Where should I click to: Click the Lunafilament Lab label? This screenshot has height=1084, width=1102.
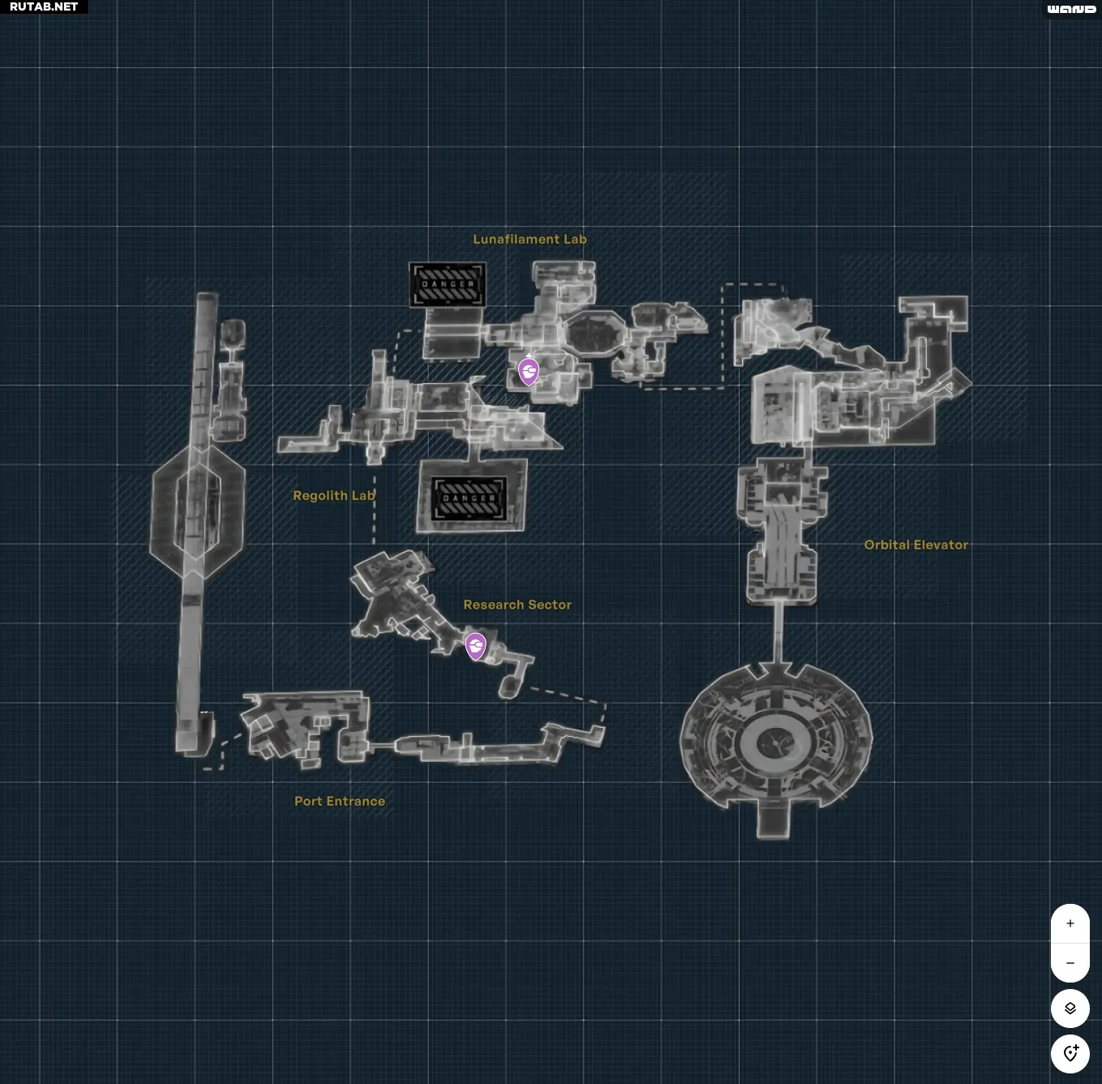530,239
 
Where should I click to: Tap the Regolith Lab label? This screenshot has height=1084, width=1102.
333,496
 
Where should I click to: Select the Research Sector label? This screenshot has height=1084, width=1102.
517,604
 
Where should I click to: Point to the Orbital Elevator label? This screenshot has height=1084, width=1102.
915,545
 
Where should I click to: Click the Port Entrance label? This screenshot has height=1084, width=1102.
339,802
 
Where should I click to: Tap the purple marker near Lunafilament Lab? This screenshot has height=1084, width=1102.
529,372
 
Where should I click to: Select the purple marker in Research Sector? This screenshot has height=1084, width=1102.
476,646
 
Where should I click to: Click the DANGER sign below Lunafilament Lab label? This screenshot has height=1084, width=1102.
448,285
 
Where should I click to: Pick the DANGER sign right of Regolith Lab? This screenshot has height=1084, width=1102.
470,498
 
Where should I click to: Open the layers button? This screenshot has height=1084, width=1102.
1070,1009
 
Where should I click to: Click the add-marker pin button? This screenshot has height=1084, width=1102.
1070,1053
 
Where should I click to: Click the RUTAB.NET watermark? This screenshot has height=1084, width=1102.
44,6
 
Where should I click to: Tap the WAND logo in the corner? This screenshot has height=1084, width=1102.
1071,9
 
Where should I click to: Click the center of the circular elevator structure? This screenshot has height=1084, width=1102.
775,742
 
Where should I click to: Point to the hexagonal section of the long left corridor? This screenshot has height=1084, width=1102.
197,511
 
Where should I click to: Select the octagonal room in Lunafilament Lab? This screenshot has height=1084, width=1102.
594,333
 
